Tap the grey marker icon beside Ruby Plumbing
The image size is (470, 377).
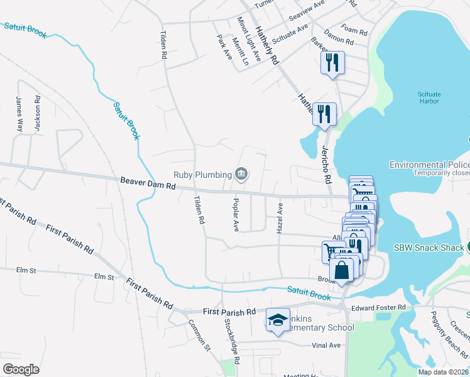pyautogui.click(x=241, y=173)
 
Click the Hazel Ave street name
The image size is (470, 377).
pyautogui.click(x=280, y=218)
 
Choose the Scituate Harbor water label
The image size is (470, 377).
pyautogui.click(x=429, y=97)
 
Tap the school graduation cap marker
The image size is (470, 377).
pyautogui.click(x=278, y=319)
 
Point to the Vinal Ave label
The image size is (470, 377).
pyautogui.click(x=325, y=345)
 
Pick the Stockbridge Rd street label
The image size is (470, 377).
pyautogui.click(x=232, y=342)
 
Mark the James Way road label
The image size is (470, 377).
pyautogui.click(x=19, y=114)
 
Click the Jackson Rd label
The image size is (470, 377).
pyautogui.click(x=38, y=114)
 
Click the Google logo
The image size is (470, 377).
pyautogui.click(x=21, y=369)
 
